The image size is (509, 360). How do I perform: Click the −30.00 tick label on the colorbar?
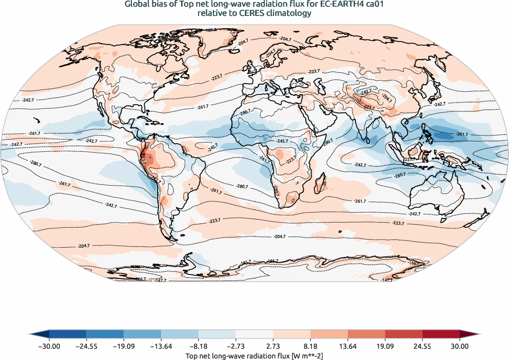(x=49, y=346)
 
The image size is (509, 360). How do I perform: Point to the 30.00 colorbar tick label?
(x=460, y=346)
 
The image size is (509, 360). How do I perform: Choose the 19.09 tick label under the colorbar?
(x=385, y=346)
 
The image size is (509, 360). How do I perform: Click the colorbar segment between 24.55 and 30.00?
(x=441, y=335)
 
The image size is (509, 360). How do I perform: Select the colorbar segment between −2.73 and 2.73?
(x=254, y=335)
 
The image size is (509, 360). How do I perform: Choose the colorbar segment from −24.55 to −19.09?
(x=105, y=335)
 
